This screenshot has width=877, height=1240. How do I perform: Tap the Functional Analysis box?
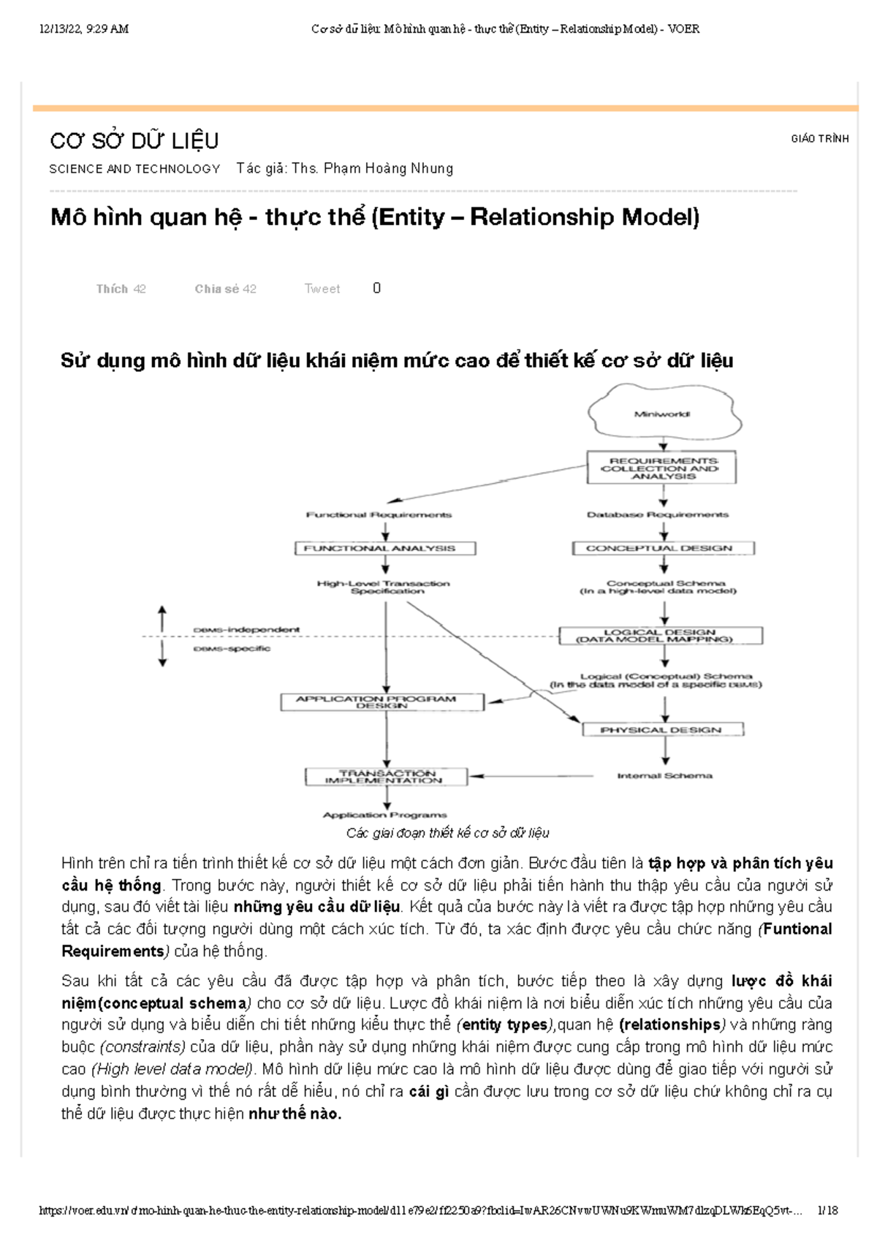pos(385,548)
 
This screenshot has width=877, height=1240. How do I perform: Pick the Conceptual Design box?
pos(662,548)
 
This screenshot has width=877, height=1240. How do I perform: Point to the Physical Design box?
pos(662,729)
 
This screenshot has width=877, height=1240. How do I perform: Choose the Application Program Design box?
pos(382,702)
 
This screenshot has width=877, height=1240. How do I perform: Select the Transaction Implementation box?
pos(385,777)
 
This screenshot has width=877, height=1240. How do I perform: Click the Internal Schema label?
pos(664,776)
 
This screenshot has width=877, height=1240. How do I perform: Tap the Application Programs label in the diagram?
pos(384,815)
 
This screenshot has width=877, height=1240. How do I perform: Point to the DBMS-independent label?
pos(246,630)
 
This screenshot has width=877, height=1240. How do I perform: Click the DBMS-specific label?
pos(232,649)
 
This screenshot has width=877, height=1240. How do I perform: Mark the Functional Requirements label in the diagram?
pos(379,515)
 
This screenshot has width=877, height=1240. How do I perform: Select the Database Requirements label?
pos(658,515)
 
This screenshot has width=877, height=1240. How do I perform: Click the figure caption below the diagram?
pos(447,833)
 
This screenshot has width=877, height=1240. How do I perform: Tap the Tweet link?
pos(322,289)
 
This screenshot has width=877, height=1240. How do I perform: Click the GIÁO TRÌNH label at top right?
pos(819,139)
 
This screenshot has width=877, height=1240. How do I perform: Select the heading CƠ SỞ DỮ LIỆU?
pos(134,140)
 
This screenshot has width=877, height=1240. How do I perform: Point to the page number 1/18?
pos(828,1211)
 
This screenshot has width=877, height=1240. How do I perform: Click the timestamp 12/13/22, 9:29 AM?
pos(85,29)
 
